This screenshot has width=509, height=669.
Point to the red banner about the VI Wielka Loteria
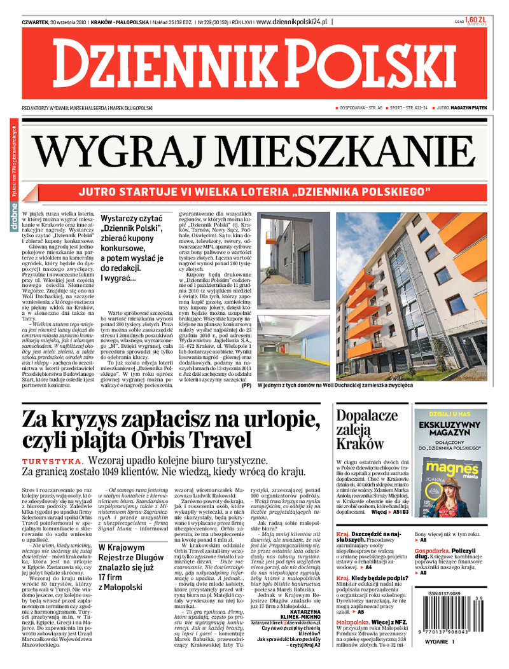[254, 191]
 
